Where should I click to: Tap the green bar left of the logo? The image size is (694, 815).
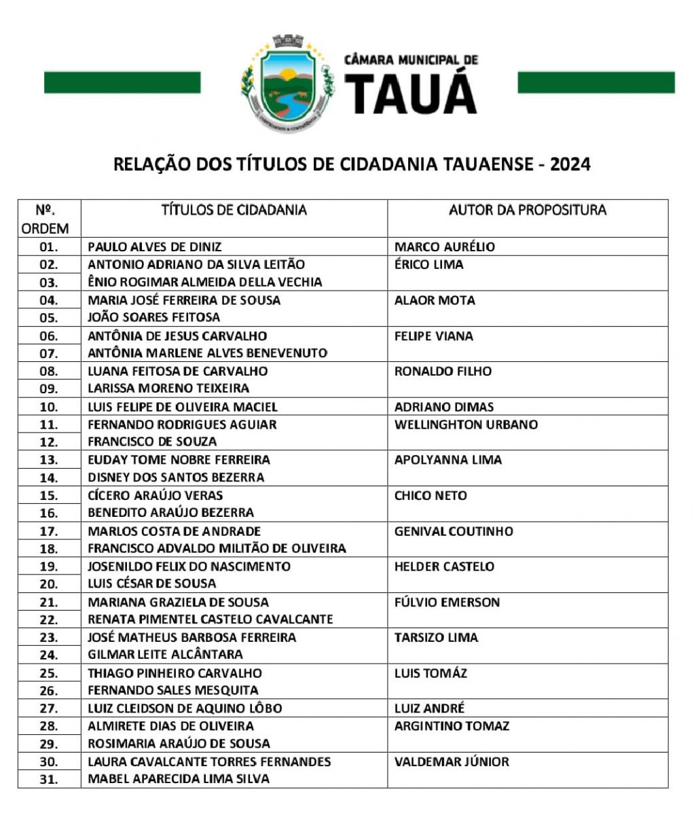[122, 83]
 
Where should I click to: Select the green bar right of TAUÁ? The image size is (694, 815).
[596, 83]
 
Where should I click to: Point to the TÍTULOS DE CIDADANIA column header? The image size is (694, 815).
[234, 210]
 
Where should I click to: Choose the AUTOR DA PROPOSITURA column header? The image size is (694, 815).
[527, 210]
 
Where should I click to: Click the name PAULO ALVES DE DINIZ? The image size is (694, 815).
[155, 247]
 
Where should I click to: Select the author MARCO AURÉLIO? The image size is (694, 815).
[445, 247]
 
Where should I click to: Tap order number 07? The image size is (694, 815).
[49, 353]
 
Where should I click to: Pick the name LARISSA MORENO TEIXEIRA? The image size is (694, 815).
[168, 388]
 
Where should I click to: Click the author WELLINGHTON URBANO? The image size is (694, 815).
[466, 424]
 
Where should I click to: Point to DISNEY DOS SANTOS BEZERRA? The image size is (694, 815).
[176, 477]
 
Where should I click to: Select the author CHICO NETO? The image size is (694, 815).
[431, 495]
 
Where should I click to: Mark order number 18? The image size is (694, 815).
[49, 549]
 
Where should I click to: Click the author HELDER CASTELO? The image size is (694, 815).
[444, 566]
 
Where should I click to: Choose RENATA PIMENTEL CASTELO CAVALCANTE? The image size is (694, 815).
[211, 619]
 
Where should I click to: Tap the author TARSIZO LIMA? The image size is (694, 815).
[436, 637]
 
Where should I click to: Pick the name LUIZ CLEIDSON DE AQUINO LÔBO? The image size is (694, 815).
[185, 708]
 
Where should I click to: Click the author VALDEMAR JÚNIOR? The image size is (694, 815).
[452, 761]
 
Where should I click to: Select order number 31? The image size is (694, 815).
[49, 779]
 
